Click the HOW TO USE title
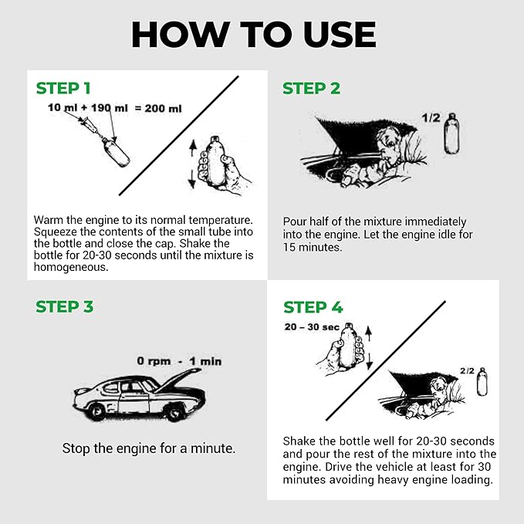[254, 35]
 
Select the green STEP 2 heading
[311, 88]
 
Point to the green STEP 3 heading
[65, 306]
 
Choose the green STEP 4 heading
[313, 307]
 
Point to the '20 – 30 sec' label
[311, 327]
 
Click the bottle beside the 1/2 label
[452, 133]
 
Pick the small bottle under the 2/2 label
[482, 381]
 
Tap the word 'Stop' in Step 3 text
[76, 448]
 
